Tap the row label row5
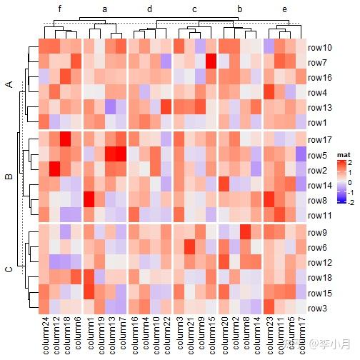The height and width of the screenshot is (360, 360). pyautogui.click(x=317, y=155)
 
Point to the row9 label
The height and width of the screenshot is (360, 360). pyautogui.click(x=317, y=232)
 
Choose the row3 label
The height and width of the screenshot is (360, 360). pyautogui.click(x=317, y=309)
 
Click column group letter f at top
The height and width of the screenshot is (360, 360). pyautogui.click(x=60, y=9)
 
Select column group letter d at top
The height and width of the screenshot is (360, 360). pyautogui.click(x=149, y=9)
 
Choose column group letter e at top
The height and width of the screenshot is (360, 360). pyautogui.click(x=284, y=9)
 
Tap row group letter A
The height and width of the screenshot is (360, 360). pyautogui.click(x=9, y=85)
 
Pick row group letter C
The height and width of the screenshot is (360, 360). pyautogui.click(x=9, y=269)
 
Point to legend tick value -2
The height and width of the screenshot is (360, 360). pyautogui.click(x=339, y=202)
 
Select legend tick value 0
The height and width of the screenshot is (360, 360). pyautogui.click(x=340, y=182)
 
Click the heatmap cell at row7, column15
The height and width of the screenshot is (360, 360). pyautogui.click(x=211, y=63)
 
